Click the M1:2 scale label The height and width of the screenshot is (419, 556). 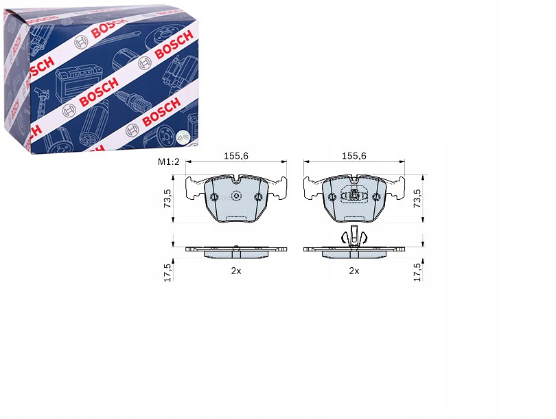tap(169, 162)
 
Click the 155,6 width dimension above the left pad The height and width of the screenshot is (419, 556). tap(236, 156)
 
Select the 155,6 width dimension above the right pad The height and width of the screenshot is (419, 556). tap(354, 156)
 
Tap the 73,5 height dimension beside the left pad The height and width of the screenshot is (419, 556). tap(167, 199)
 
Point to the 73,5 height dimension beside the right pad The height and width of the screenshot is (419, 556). tap(418, 199)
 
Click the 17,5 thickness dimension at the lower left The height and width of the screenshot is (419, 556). tap(167, 273)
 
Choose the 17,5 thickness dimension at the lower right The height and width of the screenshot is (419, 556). tap(418, 273)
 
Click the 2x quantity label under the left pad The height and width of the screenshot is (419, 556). tap(236, 271)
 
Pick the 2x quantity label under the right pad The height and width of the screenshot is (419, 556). tap(354, 271)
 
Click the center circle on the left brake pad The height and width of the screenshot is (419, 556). tap(236, 196)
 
